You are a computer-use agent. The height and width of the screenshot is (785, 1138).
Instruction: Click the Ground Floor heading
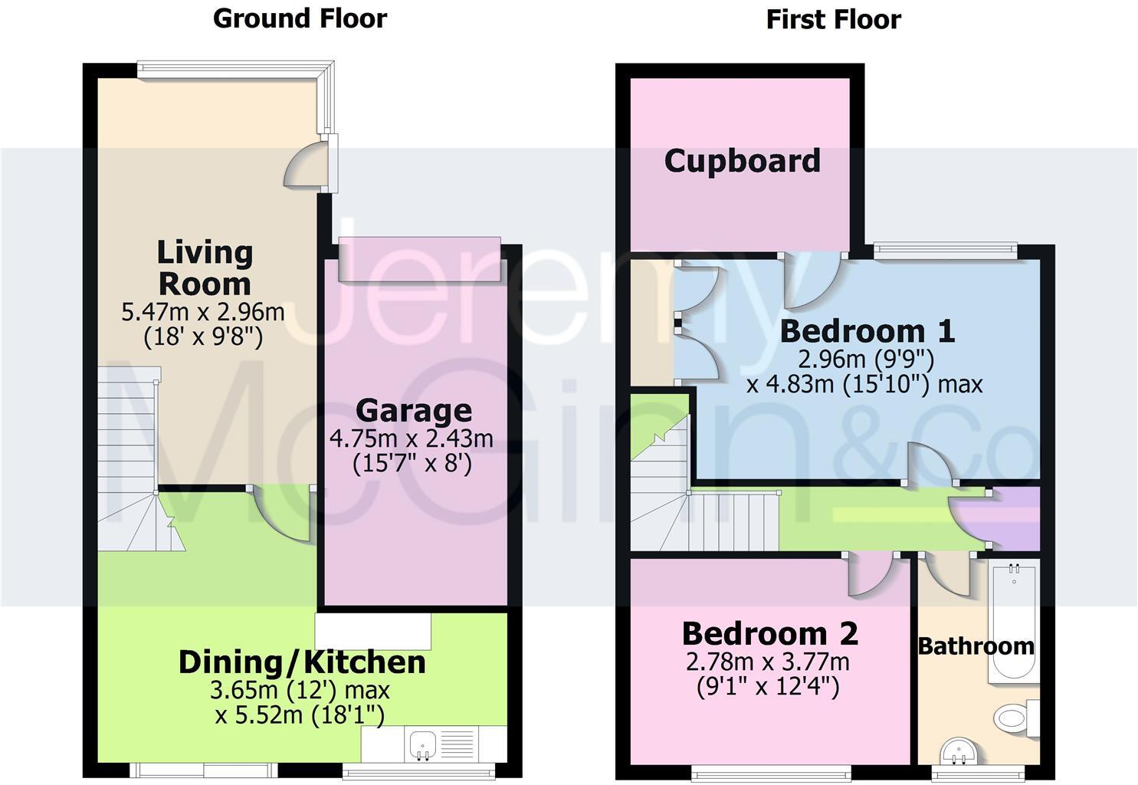pyautogui.click(x=300, y=18)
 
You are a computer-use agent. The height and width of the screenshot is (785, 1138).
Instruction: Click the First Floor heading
pyautogui.click(x=833, y=19)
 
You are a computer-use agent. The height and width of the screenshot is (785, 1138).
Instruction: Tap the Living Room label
pyautogui.click(x=204, y=268)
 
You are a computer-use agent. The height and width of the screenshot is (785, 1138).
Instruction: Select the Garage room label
pyautogui.click(x=413, y=411)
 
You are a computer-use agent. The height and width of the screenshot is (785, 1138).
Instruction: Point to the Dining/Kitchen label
pyautogui.click(x=301, y=662)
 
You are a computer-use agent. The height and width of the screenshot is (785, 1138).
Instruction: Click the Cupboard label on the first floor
pyautogui.click(x=742, y=161)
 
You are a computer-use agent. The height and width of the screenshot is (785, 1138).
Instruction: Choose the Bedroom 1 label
pyautogui.click(x=867, y=331)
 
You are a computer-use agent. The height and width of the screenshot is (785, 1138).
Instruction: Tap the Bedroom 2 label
pyautogui.click(x=769, y=634)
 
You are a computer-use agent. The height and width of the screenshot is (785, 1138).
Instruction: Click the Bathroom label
pyautogui.click(x=976, y=646)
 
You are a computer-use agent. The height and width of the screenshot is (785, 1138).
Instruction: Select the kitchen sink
pyautogui.click(x=423, y=744)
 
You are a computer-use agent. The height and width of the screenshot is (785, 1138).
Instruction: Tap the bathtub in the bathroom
pyautogui.click(x=1013, y=621)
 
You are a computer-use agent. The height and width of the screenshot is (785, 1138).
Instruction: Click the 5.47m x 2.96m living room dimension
pyautogui.click(x=203, y=312)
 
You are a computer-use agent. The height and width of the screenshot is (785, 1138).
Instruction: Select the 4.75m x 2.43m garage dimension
pyautogui.click(x=412, y=438)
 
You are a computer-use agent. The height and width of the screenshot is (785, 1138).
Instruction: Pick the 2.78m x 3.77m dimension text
pyautogui.click(x=767, y=661)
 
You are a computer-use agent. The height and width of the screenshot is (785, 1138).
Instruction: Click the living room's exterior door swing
pyautogui.click(x=304, y=167)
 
